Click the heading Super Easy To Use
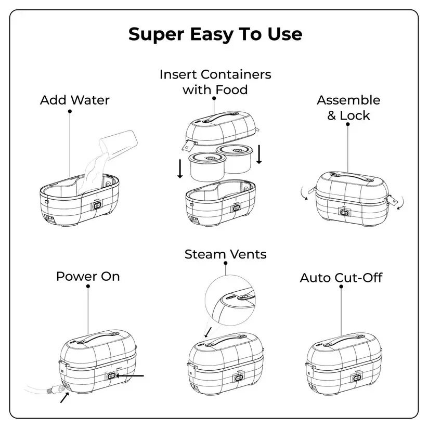pos(215,34)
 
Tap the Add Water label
pos(74,100)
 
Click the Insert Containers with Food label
pos(215,82)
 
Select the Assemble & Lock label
pos(348,108)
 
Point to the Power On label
pos(88,276)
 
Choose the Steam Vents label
pos(225,254)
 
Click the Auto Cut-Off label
pos(341,278)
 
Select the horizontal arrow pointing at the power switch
pos(130,376)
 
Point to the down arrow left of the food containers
pos(180,168)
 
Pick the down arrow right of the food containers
pos(259,154)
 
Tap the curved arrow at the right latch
pos(401,203)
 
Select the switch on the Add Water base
pos(97,205)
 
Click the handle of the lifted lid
pos(221,116)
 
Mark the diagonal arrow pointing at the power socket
pos(64,397)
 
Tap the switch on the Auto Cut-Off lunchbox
pos(357,378)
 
